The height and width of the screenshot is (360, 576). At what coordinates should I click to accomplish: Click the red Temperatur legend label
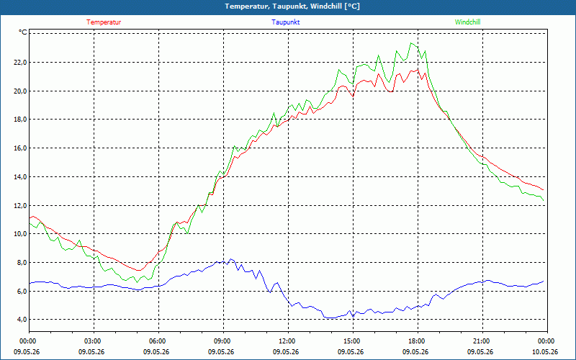click(104, 22)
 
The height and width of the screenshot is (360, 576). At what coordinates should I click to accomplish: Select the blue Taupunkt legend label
click(285, 22)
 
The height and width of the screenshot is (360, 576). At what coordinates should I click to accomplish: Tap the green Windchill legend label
click(467, 22)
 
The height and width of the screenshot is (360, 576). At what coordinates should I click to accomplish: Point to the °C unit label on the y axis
click(23, 32)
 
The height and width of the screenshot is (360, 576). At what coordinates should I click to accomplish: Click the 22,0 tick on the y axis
click(21, 63)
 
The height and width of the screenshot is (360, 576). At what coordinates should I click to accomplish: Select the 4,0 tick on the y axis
click(22, 320)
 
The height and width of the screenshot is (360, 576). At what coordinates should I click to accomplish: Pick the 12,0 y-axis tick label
click(21, 205)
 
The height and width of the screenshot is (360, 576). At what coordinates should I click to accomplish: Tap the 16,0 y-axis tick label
click(21, 148)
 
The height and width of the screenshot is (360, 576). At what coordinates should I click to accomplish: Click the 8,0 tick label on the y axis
click(22, 263)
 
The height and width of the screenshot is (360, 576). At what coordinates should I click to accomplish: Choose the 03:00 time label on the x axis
click(94, 341)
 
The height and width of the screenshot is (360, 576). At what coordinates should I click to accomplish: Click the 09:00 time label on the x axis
click(223, 341)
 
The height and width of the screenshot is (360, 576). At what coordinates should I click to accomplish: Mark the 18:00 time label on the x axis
click(418, 341)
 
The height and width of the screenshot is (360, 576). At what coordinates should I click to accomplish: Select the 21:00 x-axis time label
click(482, 341)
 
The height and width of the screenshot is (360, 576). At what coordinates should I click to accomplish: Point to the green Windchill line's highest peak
click(411, 43)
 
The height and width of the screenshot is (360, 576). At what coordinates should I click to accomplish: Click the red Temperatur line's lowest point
click(139, 271)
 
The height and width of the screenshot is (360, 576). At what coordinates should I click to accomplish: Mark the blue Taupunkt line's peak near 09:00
click(230, 259)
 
